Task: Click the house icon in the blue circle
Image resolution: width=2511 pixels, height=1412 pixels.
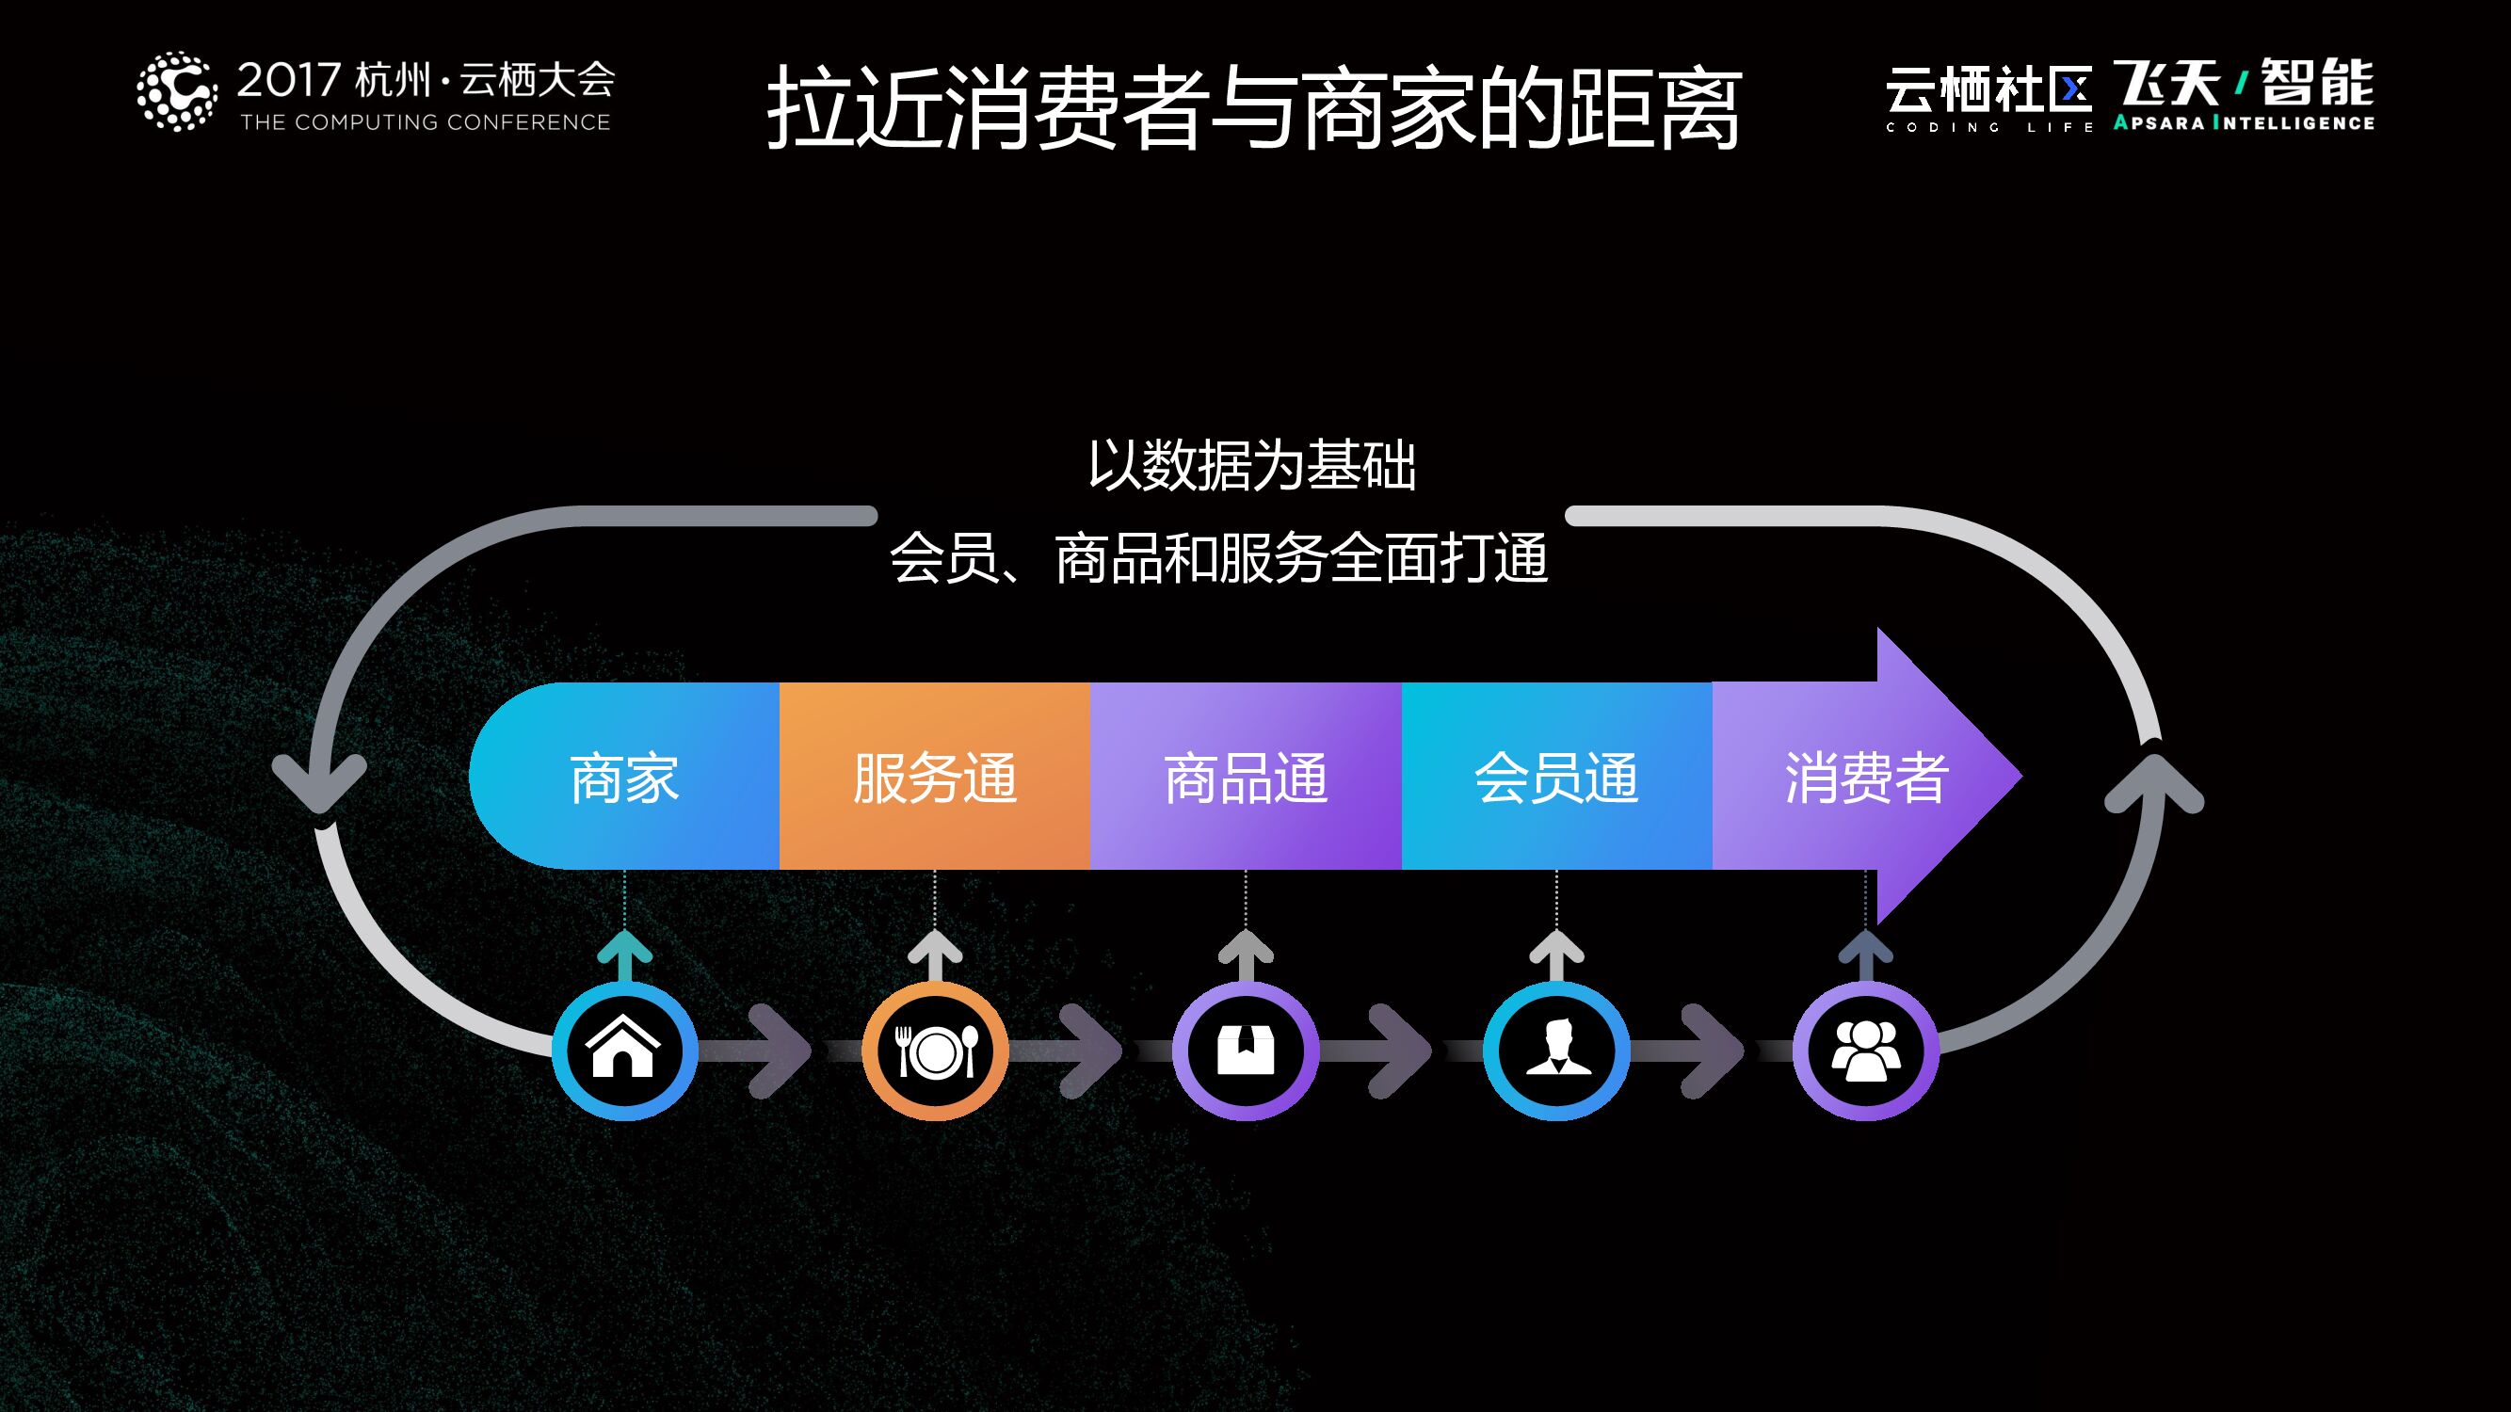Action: point(624,1051)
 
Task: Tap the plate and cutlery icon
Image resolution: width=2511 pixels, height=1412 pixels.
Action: point(935,1051)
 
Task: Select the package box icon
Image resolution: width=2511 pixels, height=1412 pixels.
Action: point(1246,1051)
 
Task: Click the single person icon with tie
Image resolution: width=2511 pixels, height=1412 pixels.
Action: point(1556,1051)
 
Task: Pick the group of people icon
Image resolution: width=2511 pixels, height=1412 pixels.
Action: point(1866,1051)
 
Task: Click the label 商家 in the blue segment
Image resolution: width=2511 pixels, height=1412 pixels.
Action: point(624,778)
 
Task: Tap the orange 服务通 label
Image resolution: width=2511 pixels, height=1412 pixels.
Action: point(935,778)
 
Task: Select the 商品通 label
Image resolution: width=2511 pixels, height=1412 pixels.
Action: point(1246,778)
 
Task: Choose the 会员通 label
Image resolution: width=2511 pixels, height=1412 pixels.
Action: point(1556,778)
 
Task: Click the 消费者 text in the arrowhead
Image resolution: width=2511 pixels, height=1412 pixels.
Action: point(1866,778)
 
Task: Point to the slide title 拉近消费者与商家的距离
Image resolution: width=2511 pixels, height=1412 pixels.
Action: point(1254,107)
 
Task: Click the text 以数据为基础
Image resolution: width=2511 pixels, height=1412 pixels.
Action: point(1251,465)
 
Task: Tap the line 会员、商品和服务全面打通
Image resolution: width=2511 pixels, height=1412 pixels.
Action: point(1218,558)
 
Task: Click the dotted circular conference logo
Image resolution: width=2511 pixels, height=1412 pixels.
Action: point(176,91)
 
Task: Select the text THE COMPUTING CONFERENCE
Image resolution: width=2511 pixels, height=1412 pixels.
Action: point(425,122)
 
